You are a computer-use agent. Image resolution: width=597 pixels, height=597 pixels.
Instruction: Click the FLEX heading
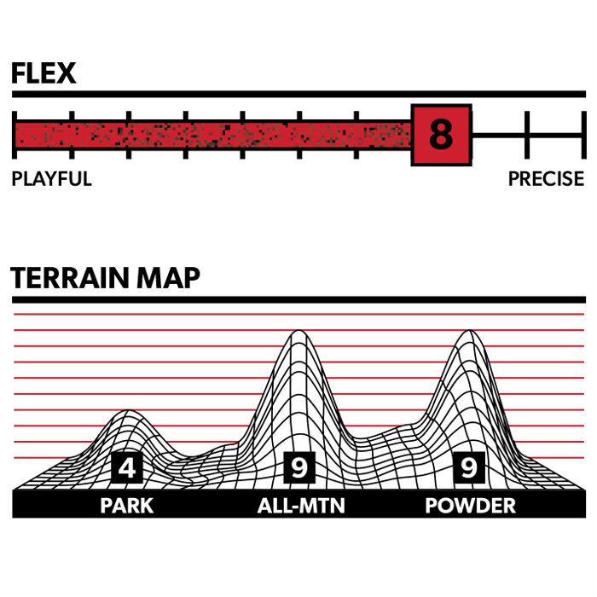[x=43, y=73]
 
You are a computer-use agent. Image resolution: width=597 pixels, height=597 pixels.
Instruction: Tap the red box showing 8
[x=441, y=135]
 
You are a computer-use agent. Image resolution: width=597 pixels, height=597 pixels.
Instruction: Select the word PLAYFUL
[x=51, y=179]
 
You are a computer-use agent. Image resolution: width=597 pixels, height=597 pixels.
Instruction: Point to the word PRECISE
[x=546, y=179]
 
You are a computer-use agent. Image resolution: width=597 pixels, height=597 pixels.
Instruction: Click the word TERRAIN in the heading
[x=72, y=278]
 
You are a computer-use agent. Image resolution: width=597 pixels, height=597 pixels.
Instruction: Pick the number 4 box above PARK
[x=126, y=467]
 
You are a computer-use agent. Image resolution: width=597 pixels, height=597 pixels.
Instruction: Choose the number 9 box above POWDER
[x=468, y=467]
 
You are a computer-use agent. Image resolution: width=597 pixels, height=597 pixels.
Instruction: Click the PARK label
[x=126, y=506]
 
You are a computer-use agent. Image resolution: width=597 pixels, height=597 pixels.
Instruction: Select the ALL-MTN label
[x=301, y=506]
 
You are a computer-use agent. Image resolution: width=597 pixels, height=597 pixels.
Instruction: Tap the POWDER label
[x=470, y=506]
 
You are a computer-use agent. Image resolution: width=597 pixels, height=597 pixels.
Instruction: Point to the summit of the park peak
[x=128, y=412]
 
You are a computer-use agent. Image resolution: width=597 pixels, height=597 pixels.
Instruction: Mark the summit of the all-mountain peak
[x=296, y=332]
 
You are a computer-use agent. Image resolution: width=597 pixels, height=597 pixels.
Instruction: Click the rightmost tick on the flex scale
[x=583, y=135]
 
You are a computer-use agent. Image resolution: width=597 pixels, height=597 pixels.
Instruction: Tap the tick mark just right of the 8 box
[x=527, y=135]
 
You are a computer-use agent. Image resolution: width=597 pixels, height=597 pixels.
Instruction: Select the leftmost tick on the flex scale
[x=14, y=135]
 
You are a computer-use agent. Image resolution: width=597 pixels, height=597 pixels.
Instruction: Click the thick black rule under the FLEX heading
[x=298, y=93]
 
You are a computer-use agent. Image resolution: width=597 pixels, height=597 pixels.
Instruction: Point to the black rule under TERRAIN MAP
[x=298, y=300]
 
